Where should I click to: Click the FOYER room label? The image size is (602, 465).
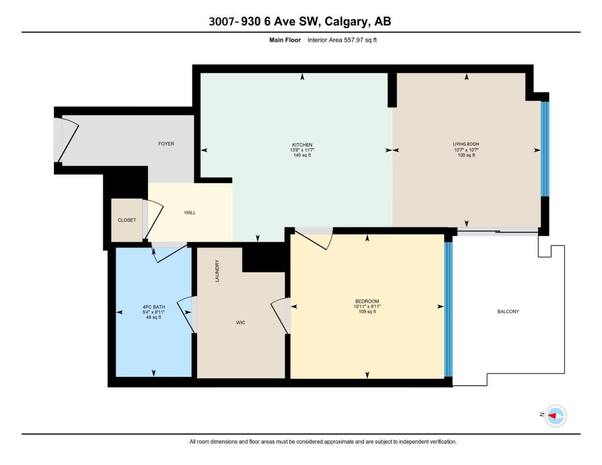(x=166, y=143)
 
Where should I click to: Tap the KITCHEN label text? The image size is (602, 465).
(x=302, y=145)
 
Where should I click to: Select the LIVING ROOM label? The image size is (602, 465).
(x=466, y=144)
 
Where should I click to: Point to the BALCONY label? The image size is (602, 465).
(x=508, y=312)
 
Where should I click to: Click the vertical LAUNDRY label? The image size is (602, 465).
(x=217, y=271)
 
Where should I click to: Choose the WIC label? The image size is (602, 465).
(x=240, y=322)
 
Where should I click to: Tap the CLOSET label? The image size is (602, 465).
(x=127, y=220)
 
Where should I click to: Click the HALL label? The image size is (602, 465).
(x=190, y=213)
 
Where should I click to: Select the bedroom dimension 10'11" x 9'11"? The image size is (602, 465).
(x=367, y=307)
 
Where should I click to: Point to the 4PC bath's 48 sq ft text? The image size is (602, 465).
(x=154, y=317)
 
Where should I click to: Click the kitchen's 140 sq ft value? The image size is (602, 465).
(x=302, y=155)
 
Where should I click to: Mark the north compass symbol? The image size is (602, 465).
(x=555, y=416)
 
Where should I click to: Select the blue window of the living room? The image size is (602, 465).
(x=545, y=149)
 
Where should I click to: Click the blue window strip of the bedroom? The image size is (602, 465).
(x=448, y=309)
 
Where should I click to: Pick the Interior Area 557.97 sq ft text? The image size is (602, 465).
(x=342, y=40)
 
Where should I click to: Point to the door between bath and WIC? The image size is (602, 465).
(x=185, y=314)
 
